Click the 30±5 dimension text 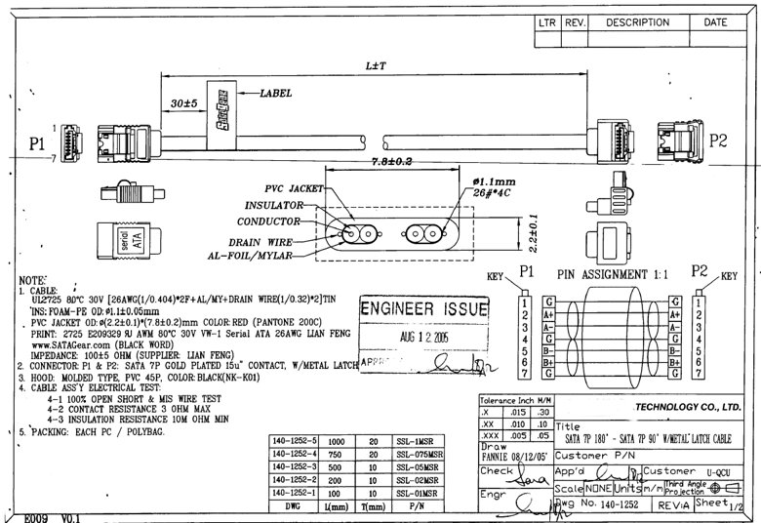click(183, 102)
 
